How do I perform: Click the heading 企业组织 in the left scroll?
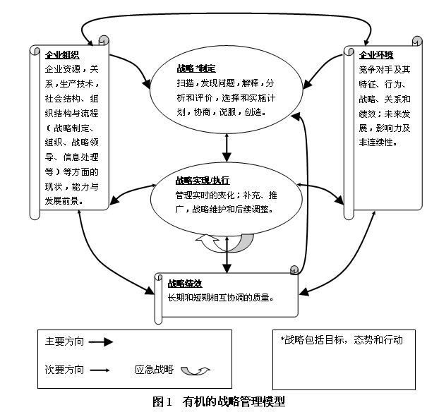pyautogui.click(x=62, y=54)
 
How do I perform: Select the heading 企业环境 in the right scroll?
pyautogui.click(x=377, y=54)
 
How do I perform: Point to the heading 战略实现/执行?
pyautogui.click(x=203, y=180)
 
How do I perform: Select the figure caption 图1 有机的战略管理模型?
pyautogui.click(x=219, y=401)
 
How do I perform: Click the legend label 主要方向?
pyautogui.click(x=64, y=342)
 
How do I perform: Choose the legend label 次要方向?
pyautogui.click(x=64, y=368)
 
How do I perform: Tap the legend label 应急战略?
pyautogui.click(x=153, y=368)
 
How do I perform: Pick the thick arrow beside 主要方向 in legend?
pyautogui.click(x=101, y=342)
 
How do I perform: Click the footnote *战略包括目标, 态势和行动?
pyautogui.click(x=342, y=340)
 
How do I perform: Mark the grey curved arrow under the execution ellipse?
pyautogui.click(x=227, y=243)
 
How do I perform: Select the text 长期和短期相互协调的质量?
pyautogui.click(x=220, y=296)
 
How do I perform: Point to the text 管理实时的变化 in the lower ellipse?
pyautogui.click(x=208, y=195)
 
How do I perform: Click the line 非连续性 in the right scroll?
pyautogui.click(x=378, y=142)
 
